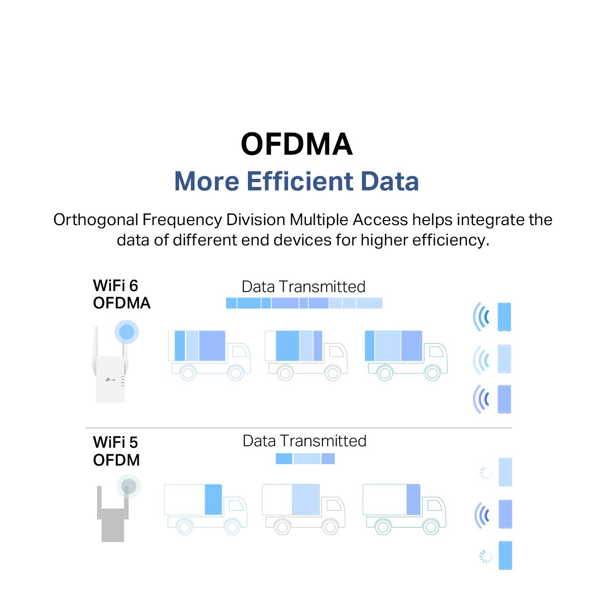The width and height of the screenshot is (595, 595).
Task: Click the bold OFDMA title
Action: coord(296,144)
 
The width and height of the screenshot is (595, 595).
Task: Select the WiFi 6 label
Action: coord(116,285)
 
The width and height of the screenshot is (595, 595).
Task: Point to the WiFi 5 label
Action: coord(116,442)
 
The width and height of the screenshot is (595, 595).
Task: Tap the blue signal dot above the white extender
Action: coord(126,332)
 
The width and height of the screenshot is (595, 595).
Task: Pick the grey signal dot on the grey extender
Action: coord(128,486)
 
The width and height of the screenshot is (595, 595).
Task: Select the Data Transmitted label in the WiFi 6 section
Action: coord(303,287)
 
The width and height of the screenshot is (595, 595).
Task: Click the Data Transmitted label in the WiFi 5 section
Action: coord(304,441)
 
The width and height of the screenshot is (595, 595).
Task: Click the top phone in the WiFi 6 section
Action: coord(504,317)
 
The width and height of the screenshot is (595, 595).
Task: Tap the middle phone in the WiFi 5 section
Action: coord(505,514)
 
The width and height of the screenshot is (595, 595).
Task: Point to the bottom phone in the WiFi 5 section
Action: coord(505,555)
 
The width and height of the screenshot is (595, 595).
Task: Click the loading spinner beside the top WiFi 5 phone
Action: coord(486,473)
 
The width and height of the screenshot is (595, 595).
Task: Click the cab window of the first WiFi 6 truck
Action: coord(239,352)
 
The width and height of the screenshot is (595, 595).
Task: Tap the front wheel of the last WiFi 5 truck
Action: coord(431,527)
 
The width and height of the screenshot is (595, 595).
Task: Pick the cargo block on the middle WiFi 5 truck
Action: coord(305,499)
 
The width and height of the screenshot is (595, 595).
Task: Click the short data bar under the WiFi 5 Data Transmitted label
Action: coord(305,459)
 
